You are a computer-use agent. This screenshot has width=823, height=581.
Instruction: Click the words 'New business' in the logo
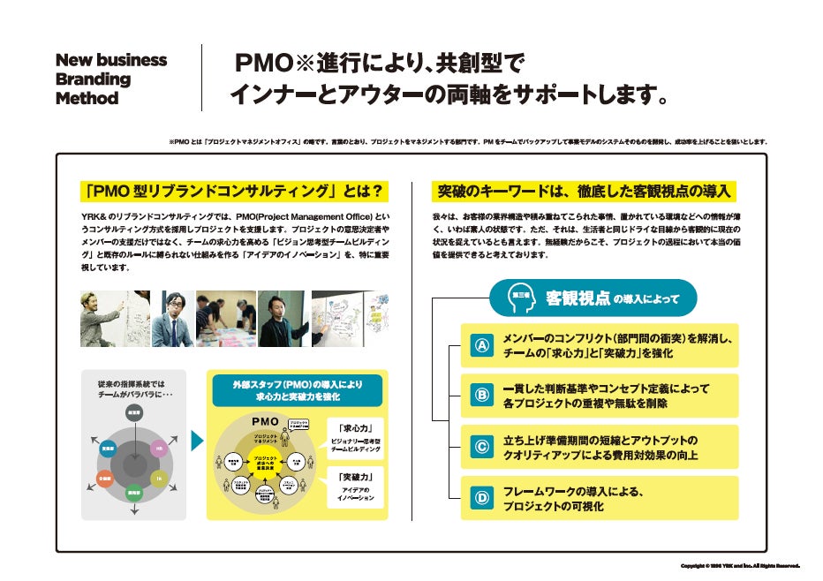pos(110,60)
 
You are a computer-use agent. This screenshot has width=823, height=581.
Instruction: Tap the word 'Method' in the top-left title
pos(87,98)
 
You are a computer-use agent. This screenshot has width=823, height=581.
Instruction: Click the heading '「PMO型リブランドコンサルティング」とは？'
pos(233,191)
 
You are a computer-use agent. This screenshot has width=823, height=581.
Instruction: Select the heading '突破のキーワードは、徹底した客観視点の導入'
pos(584,191)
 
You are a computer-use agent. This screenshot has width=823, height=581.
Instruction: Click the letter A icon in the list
pos(482,346)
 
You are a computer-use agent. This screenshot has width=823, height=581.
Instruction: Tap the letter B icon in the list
pos(482,396)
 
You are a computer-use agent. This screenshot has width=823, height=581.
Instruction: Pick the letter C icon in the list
pos(482,448)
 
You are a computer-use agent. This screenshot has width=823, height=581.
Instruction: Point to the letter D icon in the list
pos(482,498)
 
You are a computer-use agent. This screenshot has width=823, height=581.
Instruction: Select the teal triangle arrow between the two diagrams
pos(197,440)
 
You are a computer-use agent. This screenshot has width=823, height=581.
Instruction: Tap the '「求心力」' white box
pos(357,435)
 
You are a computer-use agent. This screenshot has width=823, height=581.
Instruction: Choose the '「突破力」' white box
pos(357,487)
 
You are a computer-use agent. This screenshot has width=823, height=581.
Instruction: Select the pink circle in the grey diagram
pos(159,448)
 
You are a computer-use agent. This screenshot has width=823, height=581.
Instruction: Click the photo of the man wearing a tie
pos(172,319)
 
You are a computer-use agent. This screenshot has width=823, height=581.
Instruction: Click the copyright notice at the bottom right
pos(740,566)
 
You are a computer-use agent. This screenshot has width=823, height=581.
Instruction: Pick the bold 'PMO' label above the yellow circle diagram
pos(266,421)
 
